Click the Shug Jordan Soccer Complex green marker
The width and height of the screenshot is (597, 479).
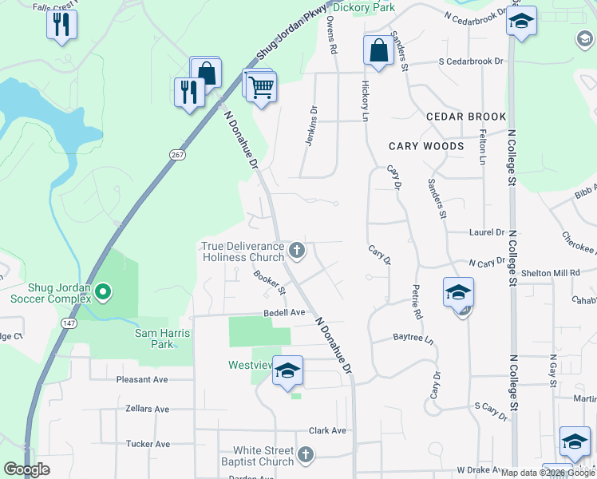tap(103, 293)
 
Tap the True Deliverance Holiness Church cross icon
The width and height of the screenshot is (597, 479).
tap(297, 251)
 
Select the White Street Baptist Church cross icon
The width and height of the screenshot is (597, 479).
tap(304, 456)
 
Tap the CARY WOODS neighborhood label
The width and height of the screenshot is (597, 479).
tap(426, 146)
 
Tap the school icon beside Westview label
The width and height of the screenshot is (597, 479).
tap(287, 370)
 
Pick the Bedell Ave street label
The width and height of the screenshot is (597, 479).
tap(285, 312)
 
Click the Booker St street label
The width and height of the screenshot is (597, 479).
tap(269, 282)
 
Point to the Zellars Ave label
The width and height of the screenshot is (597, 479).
tap(147, 409)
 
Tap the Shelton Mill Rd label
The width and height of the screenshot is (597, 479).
tap(550, 272)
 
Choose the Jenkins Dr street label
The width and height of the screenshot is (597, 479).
tap(311, 126)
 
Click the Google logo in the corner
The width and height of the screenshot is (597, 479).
tap(27, 469)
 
